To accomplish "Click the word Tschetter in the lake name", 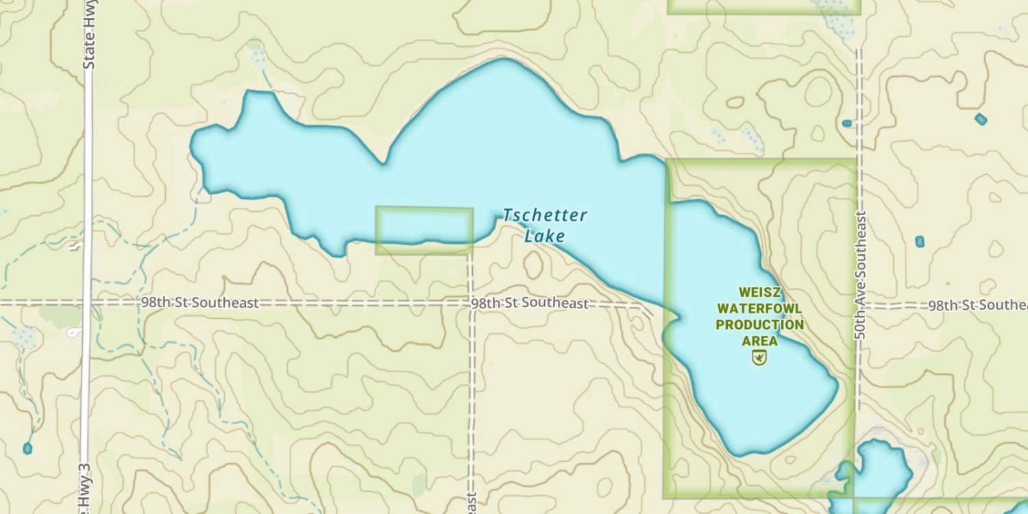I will [545, 215].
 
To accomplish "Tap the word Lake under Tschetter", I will [545, 236].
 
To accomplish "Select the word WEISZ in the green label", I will [760, 293].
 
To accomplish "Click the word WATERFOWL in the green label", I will [760, 308].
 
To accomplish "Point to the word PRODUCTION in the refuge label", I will [760, 324].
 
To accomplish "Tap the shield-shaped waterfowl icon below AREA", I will [759, 357].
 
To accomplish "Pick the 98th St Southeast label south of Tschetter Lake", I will [530, 303].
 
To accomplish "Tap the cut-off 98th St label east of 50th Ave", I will [977, 306].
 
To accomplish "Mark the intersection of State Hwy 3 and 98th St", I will [87, 302].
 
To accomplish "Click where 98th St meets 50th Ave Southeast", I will [859, 306].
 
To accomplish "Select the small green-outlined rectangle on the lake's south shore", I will [424, 230].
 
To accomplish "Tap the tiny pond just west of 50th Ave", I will [847, 123].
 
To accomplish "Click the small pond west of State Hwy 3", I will [27, 448].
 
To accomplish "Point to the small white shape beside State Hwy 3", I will [73, 333].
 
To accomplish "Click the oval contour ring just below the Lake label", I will [533, 265].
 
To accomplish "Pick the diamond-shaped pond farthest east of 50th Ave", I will [981, 119].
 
